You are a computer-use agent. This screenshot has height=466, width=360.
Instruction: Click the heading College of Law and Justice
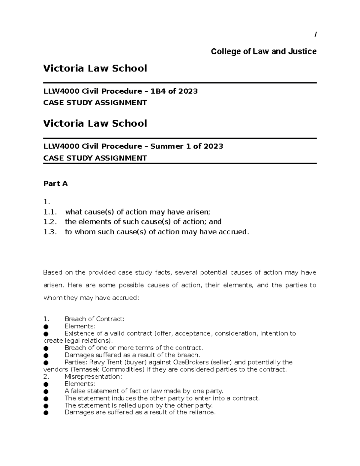(263, 52)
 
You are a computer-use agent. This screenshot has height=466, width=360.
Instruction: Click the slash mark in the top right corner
(315, 35)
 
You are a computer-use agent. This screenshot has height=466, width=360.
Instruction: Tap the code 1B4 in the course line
(158, 91)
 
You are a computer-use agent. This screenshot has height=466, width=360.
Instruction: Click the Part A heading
(55, 184)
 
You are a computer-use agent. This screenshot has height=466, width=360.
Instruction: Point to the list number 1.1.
(50, 212)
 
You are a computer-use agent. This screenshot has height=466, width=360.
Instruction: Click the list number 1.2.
(50, 222)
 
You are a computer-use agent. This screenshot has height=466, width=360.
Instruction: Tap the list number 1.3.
(50, 232)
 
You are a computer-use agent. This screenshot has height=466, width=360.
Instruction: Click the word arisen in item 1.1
(199, 212)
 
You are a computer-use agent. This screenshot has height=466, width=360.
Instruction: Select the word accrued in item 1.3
(234, 232)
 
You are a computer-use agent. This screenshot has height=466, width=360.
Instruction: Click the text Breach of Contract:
(94, 319)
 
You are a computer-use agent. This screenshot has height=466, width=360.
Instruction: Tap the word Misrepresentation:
(93, 377)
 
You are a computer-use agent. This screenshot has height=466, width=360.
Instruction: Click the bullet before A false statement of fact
(46, 391)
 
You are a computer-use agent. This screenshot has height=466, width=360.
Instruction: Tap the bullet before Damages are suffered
(46, 413)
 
